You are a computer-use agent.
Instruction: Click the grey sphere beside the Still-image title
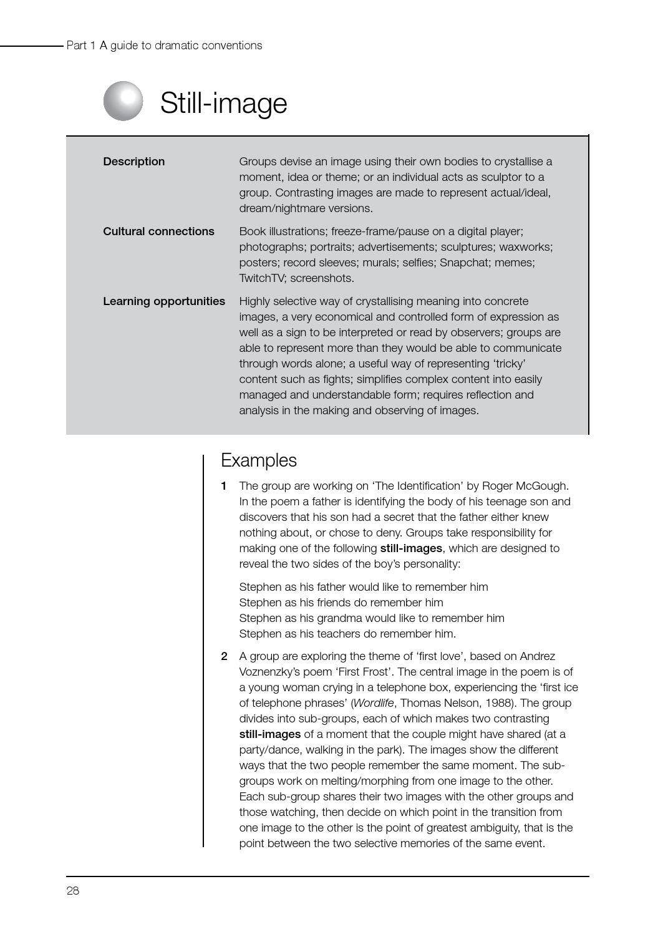pyautogui.click(x=123, y=101)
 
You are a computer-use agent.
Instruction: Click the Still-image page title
pyautogui.click(x=223, y=103)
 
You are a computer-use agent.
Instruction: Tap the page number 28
pyautogui.click(x=73, y=891)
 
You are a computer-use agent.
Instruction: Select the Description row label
pyautogui.click(x=133, y=162)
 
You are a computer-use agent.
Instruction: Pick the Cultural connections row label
pyautogui.click(x=158, y=231)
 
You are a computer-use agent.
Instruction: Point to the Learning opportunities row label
pyautogui.click(x=163, y=301)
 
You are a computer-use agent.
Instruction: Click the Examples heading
pyautogui.click(x=258, y=460)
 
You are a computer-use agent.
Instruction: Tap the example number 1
pyautogui.click(x=224, y=486)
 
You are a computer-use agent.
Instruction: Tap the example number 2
pyautogui.click(x=224, y=656)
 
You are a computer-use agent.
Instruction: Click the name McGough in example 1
pyautogui.click(x=544, y=486)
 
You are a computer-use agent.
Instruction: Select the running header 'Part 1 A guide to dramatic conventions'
pyautogui.click(x=164, y=46)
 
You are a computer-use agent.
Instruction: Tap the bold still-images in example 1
pyautogui.click(x=411, y=548)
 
